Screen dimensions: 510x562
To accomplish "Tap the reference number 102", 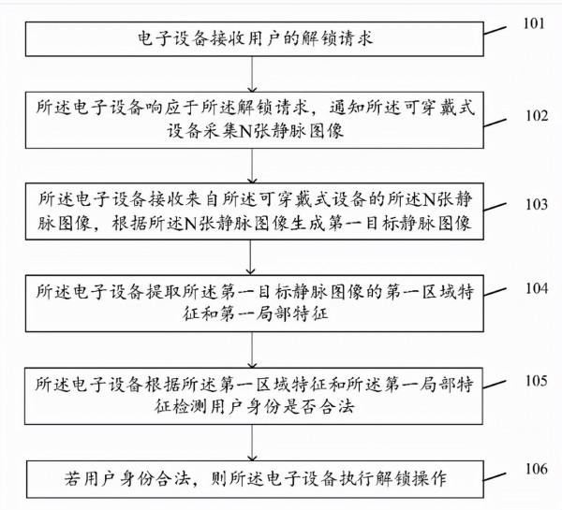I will [x=537, y=117].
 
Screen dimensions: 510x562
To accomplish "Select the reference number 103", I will [x=537, y=202].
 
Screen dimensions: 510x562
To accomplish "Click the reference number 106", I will [x=537, y=468].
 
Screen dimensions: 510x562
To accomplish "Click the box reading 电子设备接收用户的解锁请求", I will [x=249, y=40].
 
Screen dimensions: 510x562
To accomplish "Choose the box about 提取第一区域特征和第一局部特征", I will [x=249, y=301].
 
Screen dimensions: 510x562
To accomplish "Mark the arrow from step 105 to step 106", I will [x=249, y=441].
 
